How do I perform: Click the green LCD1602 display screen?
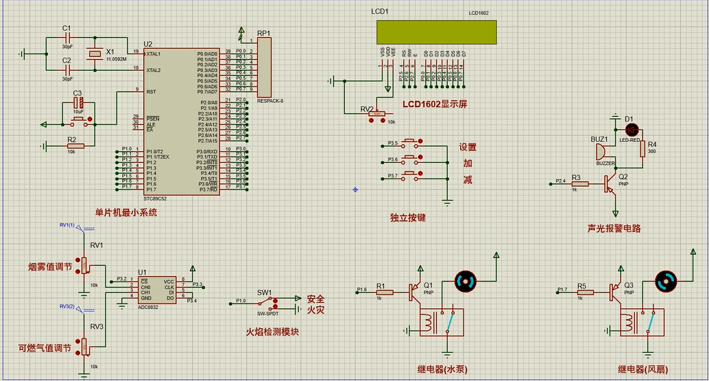(x=435, y=32)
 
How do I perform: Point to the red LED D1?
(x=632, y=128)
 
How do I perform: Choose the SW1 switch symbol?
(x=267, y=301)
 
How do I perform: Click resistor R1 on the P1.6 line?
(x=384, y=292)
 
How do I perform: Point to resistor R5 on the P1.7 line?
(x=585, y=292)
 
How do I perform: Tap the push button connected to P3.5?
(x=410, y=144)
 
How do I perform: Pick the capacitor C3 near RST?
(x=78, y=103)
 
